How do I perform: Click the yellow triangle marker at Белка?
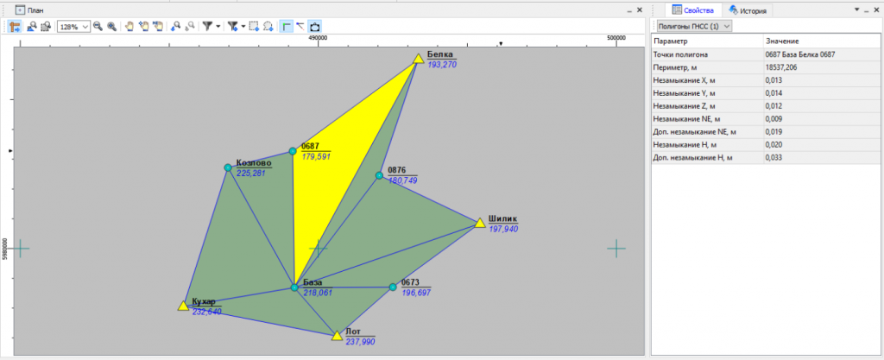click(x=419, y=59)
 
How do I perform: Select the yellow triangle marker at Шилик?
click(x=480, y=223)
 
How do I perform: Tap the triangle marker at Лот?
click(x=337, y=336)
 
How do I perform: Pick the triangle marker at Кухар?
click(x=183, y=306)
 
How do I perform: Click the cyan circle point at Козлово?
click(x=228, y=167)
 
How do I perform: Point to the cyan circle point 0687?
click(x=293, y=151)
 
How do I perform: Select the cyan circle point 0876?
click(x=380, y=175)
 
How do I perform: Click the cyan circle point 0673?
click(x=393, y=287)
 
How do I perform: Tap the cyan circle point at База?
click(x=294, y=287)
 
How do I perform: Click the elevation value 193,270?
click(x=442, y=65)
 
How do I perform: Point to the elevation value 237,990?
click(x=360, y=341)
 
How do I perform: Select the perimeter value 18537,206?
click(x=781, y=67)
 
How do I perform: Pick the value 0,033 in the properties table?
click(x=773, y=158)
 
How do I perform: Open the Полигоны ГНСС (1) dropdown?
click(x=691, y=26)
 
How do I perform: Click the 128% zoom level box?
click(x=73, y=26)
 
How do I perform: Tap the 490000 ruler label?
click(x=318, y=38)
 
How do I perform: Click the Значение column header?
click(x=781, y=41)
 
